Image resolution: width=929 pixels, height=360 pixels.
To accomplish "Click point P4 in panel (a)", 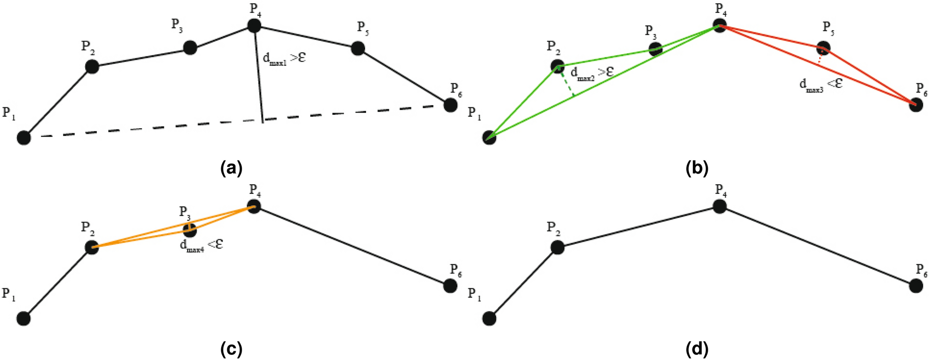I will [x=254, y=25].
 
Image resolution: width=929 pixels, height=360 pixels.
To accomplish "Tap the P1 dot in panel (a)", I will [x=24, y=137].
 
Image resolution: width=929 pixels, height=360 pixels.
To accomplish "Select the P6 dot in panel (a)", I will [x=450, y=105].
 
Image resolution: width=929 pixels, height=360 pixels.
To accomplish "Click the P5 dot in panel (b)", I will [x=823, y=47].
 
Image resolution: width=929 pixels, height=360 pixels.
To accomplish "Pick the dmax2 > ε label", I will [x=592, y=73].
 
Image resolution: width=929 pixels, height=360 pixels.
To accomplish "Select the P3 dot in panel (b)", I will [x=655, y=49].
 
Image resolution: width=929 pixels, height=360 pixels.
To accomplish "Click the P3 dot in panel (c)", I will [x=189, y=229].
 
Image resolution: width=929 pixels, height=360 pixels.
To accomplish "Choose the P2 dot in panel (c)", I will [x=92, y=248].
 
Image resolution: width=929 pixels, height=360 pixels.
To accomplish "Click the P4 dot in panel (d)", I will [x=719, y=206].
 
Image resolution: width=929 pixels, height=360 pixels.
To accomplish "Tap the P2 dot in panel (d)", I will [x=557, y=248].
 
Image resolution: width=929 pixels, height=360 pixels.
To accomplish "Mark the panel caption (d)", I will [x=697, y=349].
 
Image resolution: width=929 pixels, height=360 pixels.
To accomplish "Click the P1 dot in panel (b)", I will [x=489, y=137].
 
